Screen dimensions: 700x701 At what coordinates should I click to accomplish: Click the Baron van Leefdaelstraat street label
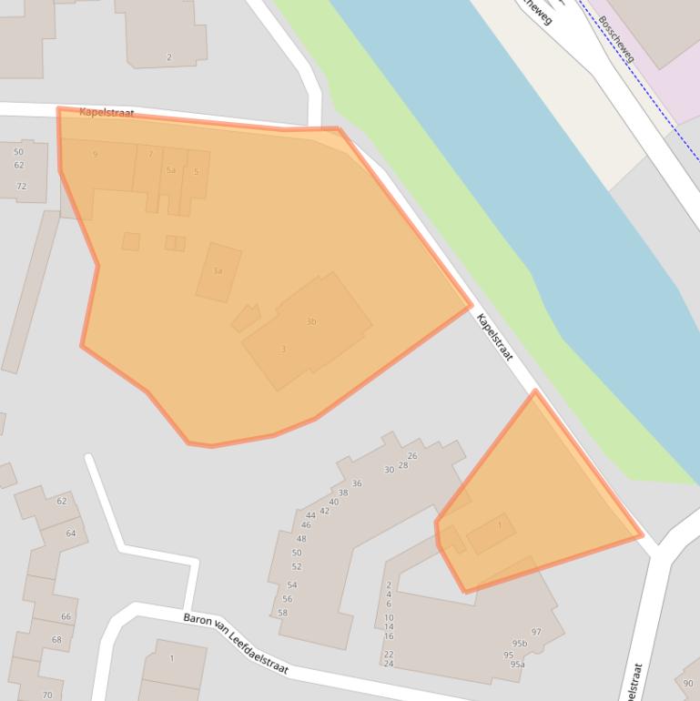[x=236, y=643]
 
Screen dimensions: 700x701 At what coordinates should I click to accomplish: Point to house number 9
[x=95, y=155]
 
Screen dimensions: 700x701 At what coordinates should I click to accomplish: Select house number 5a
[x=170, y=170]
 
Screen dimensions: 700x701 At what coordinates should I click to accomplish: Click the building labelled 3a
[x=218, y=271]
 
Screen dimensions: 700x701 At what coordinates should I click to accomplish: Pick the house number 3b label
[x=311, y=321]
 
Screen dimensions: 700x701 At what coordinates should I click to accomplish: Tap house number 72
[x=21, y=187]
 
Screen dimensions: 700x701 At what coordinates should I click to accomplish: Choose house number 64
[x=71, y=533]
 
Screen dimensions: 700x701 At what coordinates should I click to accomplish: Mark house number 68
[x=56, y=640]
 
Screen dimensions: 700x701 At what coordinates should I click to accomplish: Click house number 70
[x=47, y=696]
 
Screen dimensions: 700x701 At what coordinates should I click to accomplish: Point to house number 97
[x=536, y=632]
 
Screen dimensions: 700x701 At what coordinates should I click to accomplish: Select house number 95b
[x=519, y=644]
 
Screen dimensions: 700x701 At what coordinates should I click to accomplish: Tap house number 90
[x=687, y=684]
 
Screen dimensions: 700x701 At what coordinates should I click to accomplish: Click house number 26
[x=412, y=456]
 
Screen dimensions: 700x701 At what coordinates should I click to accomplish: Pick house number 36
[x=357, y=483]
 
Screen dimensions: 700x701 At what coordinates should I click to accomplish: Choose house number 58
[x=282, y=613]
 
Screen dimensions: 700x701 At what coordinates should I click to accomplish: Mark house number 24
[x=389, y=664]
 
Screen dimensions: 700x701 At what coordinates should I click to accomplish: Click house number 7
[x=150, y=155]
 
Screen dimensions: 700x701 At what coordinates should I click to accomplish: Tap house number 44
[x=310, y=515]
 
